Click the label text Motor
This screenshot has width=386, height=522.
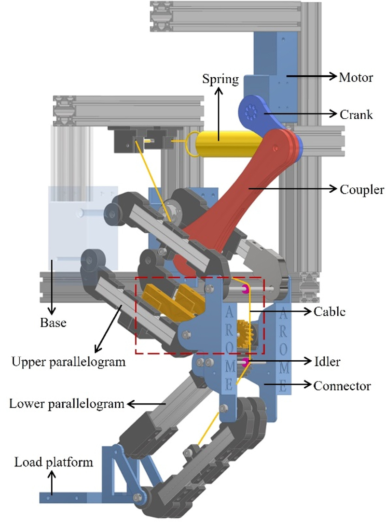(356, 77)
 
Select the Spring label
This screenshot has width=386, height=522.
(221, 79)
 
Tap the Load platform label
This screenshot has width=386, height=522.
(53, 462)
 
